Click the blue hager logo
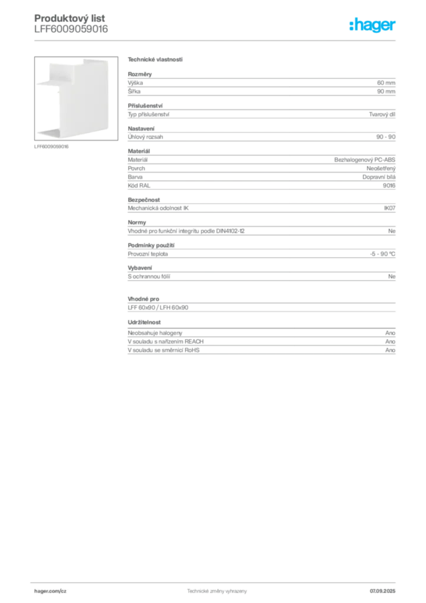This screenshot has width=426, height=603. [374, 26]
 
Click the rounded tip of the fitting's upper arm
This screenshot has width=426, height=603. [38, 84]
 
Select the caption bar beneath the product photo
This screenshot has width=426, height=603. [52, 147]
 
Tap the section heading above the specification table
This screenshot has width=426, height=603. [154, 60]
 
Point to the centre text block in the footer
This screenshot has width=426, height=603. [215, 591]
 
